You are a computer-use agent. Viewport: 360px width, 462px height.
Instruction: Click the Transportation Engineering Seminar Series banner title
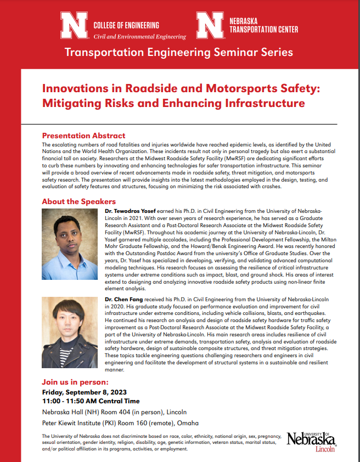click(178, 53)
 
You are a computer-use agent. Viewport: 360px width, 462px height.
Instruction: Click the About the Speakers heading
click(78, 201)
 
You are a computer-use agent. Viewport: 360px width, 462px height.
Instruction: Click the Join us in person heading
click(75, 382)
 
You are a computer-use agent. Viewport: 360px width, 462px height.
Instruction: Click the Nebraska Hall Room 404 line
click(114, 412)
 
